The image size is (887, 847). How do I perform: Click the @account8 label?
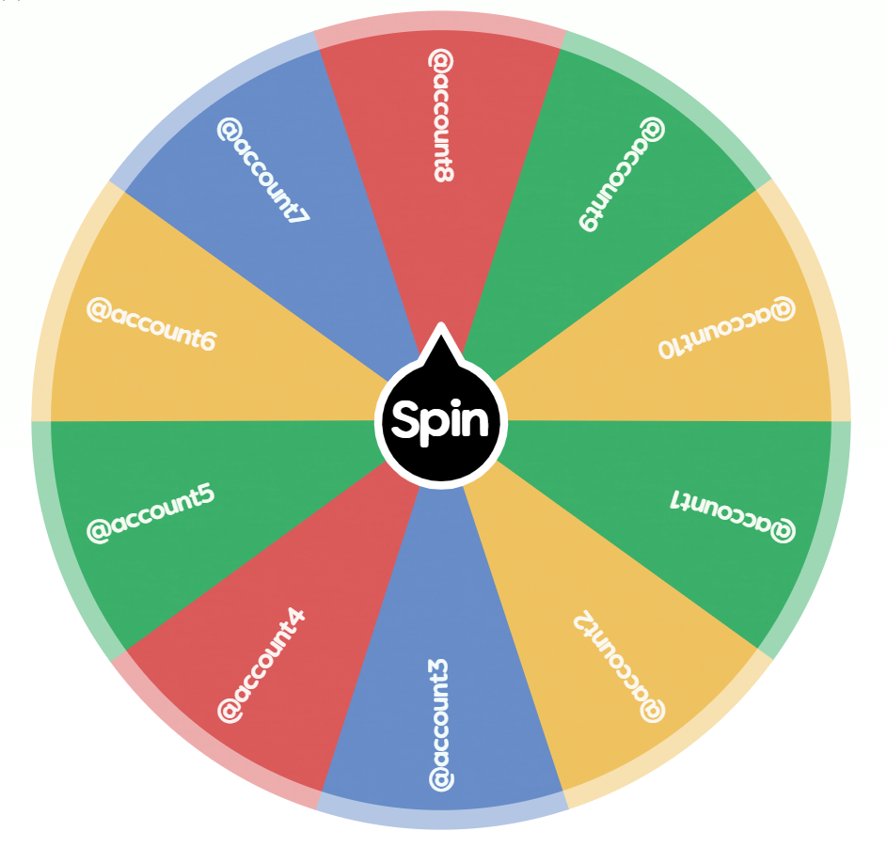[x=441, y=116]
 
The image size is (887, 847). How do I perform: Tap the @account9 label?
[x=622, y=174]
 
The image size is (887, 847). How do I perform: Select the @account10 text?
[x=727, y=327]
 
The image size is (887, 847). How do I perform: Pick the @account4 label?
[x=261, y=666]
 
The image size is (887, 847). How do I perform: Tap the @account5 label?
[x=150, y=513]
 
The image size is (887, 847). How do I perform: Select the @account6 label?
[x=151, y=325]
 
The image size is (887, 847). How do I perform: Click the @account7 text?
[x=263, y=171]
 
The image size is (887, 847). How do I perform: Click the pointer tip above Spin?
[x=440, y=324]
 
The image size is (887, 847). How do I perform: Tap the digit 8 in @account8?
[x=443, y=173]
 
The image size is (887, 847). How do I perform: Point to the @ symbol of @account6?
[x=99, y=310]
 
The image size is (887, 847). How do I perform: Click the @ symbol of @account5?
[x=99, y=531]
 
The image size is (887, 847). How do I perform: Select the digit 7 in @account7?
[x=298, y=215]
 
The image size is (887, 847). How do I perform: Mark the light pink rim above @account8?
[x=440, y=22]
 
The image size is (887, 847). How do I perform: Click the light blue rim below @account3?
[x=442, y=820]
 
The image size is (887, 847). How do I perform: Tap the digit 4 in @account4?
[x=295, y=618]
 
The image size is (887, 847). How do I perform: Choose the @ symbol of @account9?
[x=653, y=129]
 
